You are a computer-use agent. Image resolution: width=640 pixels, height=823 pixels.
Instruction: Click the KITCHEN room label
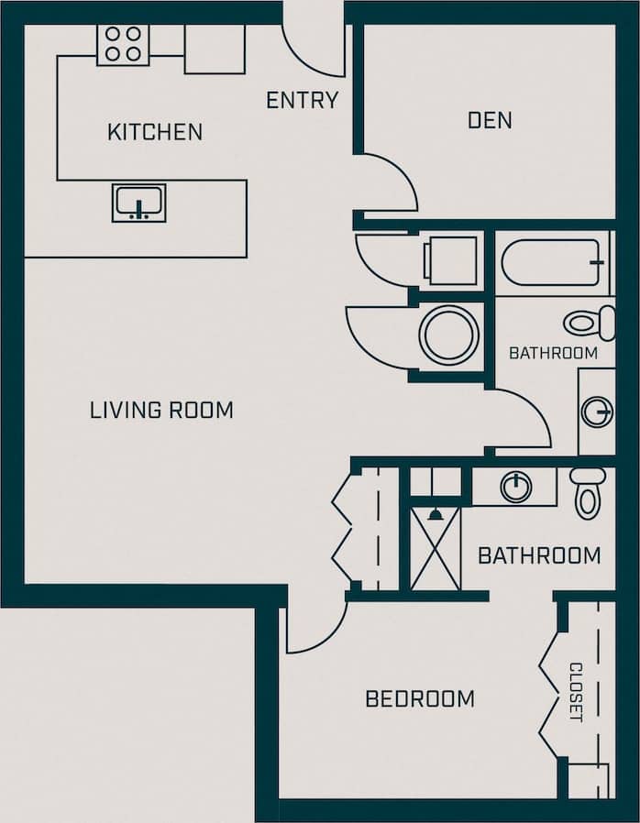tap(155, 132)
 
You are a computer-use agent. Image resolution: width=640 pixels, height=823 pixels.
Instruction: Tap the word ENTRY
tap(303, 100)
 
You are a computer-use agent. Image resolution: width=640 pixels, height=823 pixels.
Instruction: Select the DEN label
tap(490, 120)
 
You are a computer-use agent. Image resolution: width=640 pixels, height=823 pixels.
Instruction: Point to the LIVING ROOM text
tap(161, 410)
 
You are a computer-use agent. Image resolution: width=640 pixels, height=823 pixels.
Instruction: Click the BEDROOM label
tap(420, 699)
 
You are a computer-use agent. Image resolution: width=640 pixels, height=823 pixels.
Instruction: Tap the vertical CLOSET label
tap(576, 692)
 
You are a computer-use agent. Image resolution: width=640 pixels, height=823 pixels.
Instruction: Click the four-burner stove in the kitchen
tap(123, 44)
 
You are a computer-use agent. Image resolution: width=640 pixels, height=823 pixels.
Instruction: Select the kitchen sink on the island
tap(139, 203)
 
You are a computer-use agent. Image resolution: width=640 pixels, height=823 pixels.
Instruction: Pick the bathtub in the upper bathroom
tap(553, 263)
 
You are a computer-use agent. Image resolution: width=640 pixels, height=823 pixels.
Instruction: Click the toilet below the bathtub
tap(590, 323)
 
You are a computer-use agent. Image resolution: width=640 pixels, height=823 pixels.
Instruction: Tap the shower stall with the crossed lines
tap(436, 548)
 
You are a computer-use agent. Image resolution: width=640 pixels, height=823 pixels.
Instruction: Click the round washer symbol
tap(449, 335)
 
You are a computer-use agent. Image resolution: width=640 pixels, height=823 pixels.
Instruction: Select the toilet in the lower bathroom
tap(588, 493)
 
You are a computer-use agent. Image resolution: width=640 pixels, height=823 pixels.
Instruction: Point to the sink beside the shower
tap(516, 486)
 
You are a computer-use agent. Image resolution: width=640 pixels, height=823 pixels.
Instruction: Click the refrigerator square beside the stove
tap(215, 49)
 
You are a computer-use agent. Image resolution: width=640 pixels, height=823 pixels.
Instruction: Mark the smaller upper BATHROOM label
tap(553, 353)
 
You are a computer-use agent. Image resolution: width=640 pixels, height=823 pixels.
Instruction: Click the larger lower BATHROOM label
tap(539, 555)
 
